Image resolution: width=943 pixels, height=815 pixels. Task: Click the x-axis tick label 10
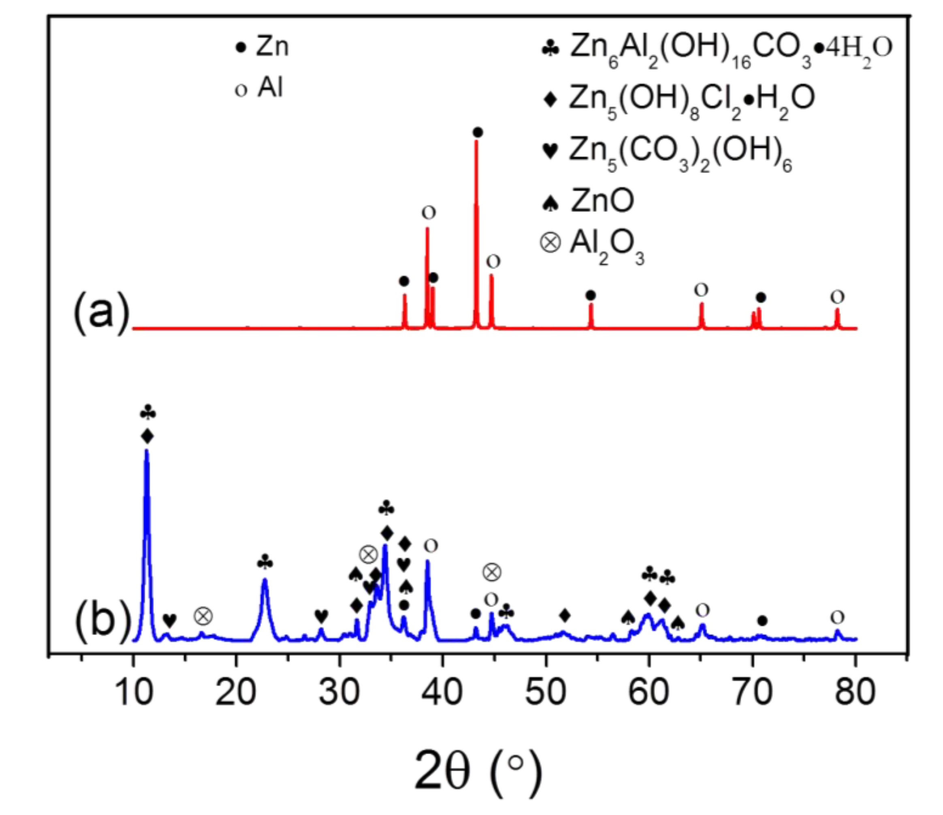(133, 692)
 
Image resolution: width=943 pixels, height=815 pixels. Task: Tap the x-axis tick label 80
(855, 692)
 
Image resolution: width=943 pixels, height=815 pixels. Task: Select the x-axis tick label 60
(649, 692)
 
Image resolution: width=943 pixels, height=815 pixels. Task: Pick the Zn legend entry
(262, 47)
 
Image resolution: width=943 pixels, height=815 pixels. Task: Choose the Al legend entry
(259, 87)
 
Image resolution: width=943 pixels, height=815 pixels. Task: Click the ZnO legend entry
(588, 200)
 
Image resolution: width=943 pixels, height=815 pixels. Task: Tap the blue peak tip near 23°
(265, 579)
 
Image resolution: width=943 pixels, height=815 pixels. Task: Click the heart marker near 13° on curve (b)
(169, 619)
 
